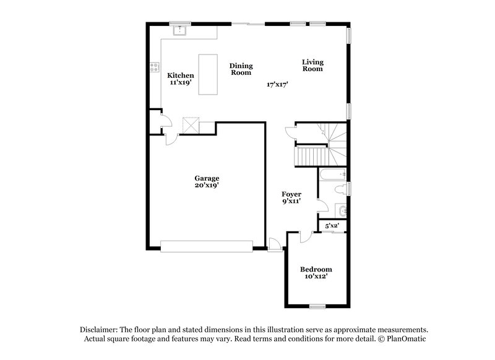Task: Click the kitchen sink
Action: click(181, 28)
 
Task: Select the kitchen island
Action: click(208, 74)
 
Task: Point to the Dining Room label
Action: click(241, 69)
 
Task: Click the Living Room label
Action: click(312, 65)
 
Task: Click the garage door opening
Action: click(207, 247)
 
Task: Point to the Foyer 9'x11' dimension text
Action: click(291, 201)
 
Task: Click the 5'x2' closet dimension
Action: click(332, 226)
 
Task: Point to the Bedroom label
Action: click(316, 269)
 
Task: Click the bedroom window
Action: click(317, 306)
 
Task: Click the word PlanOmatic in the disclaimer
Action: click(403, 339)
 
